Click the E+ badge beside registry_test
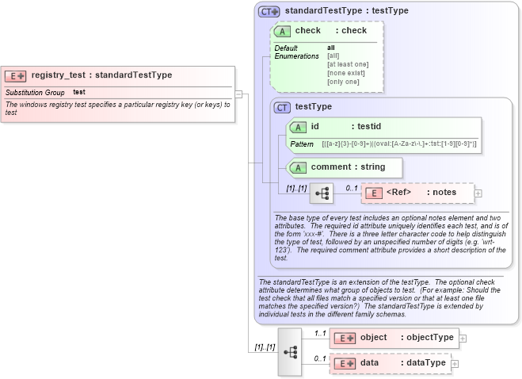16,75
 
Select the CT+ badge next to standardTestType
269,12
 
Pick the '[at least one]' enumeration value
348,64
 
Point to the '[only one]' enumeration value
343,82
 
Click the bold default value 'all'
331,48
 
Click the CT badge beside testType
281,107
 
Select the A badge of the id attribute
297,127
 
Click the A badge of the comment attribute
297,167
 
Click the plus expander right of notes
478,193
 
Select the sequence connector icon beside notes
322,193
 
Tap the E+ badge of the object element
344,338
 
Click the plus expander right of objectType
463,338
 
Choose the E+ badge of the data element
344,363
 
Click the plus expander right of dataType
455,363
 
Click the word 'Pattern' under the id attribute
302,144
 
